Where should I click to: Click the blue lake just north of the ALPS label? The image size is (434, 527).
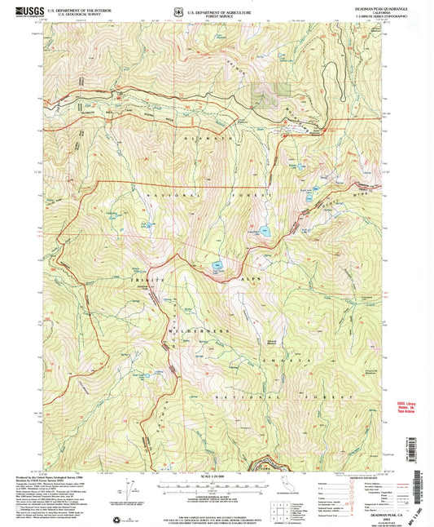tap(217, 266)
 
